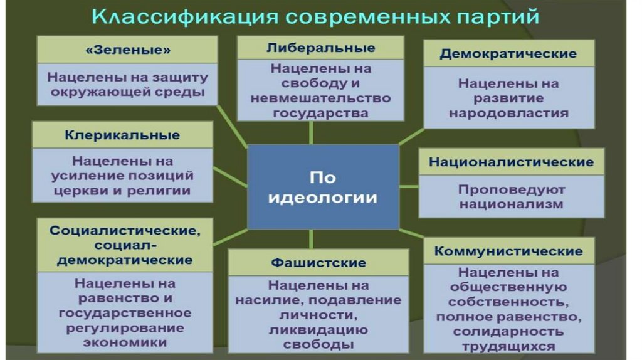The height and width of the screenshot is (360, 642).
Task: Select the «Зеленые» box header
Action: pyautogui.click(x=127, y=50)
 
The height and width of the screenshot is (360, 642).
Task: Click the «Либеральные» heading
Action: pyautogui.click(x=320, y=48)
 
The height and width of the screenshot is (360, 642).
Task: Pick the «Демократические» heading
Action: pyautogui.click(x=508, y=53)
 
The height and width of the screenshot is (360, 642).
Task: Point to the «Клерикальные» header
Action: pyautogui.click(x=122, y=135)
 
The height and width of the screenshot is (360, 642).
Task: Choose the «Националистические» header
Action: pyautogui.click(x=511, y=162)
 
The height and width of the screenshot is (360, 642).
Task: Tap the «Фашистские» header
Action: pyautogui.click(x=318, y=262)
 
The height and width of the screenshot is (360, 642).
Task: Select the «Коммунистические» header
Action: pyautogui.click(x=508, y=251)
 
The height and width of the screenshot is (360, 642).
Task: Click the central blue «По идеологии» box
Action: pyautogui.click(x=323, y=186)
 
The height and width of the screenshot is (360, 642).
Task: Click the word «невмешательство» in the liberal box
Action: pyautogui.click(x=320, y=98)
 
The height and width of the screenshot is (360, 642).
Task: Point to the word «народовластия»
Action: pyautogui.click(x=508, y=114)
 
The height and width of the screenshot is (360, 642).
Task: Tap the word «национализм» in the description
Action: pyautogui.click(x=511, y=204)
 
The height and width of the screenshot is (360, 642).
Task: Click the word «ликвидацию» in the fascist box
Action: pyautogui.click(x=318, y=330)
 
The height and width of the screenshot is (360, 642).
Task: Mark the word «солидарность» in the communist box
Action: pyautogui.click(x=508, y=332)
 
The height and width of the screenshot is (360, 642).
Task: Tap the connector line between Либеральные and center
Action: pyautogui.click(x=312, y=132)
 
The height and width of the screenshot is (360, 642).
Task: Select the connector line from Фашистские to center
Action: pyautogui.click(x=312, y=239)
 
